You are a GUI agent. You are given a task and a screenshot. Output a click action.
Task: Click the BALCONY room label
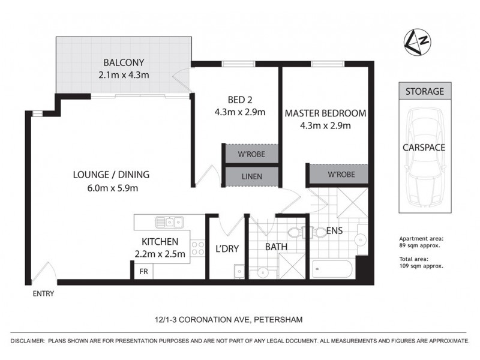[x=124, y=62]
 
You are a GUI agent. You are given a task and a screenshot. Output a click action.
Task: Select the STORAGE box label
[x=424, y=92]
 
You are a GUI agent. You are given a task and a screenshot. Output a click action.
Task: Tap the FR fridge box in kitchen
[x=143, y=271]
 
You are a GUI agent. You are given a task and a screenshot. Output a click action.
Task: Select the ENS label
[x=334, y=230]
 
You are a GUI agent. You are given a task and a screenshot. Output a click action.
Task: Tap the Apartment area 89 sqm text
[x=420, y=241]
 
